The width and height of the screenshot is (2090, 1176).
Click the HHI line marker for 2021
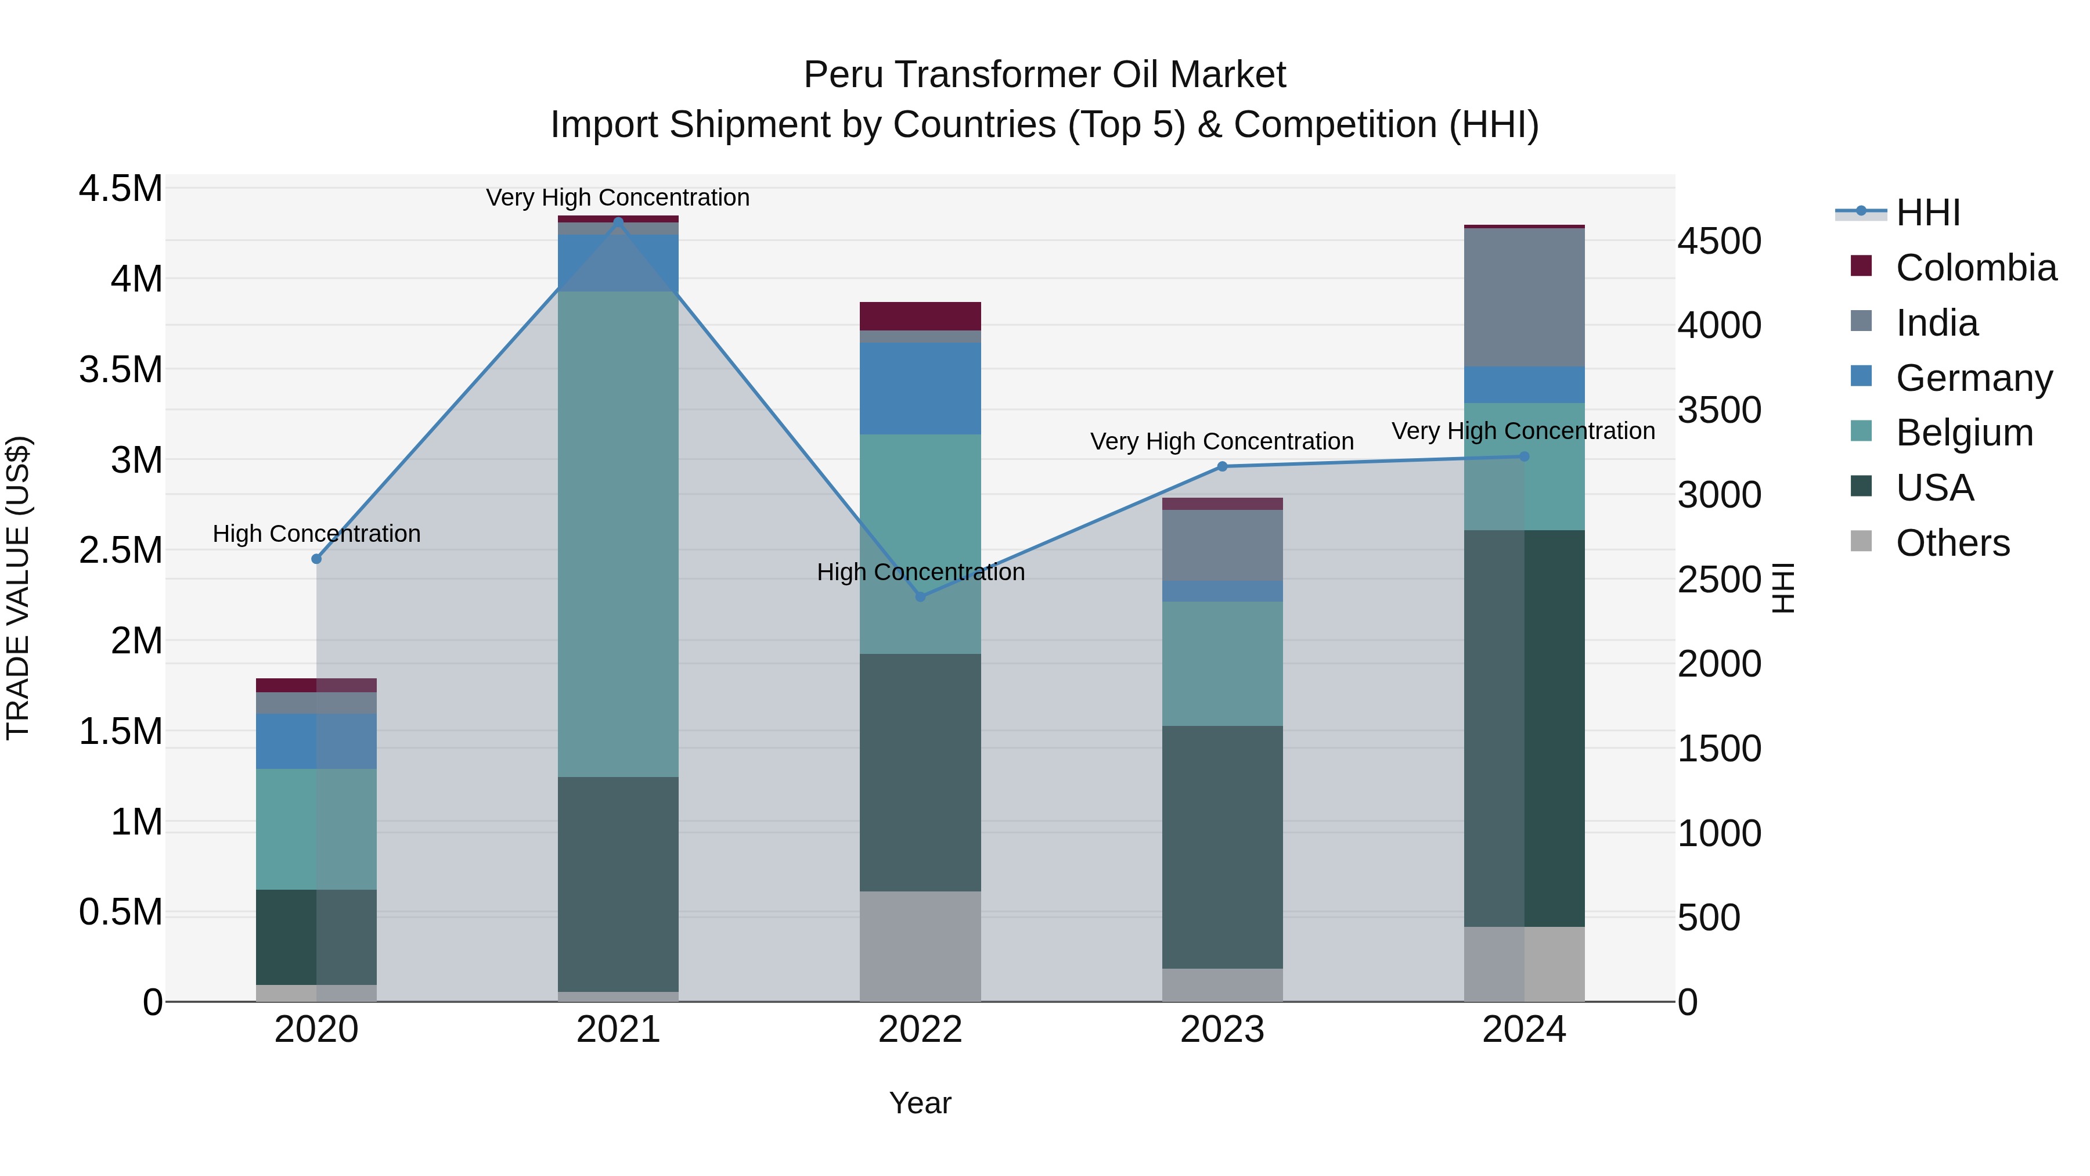tap(618, 222)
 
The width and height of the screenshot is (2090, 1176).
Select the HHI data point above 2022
tap(920, 596)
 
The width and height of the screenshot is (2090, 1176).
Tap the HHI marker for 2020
tap(316, 558)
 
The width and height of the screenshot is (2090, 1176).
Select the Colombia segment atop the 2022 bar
tap(920, 316)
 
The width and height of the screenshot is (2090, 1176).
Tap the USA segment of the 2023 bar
tap(1222, 847)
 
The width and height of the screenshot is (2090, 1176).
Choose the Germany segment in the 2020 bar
tap(316, 741)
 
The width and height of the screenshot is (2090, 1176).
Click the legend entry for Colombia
tap(1975, 268)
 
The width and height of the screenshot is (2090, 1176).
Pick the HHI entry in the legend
tap(1927, 213)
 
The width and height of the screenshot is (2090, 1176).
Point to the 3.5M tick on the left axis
tap(121, 369)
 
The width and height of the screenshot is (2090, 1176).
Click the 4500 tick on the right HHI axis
tap(1719, 241)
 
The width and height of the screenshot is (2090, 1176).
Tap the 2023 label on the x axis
tap(1222, 1029)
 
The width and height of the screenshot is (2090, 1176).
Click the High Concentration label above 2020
tap(316, 533)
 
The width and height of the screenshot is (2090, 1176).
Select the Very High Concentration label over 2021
tap(618, 197)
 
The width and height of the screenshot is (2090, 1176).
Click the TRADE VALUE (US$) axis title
tap(19, 588)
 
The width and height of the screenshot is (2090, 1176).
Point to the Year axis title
tap(920, 1103)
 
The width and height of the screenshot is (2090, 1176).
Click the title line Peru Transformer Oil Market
tap(1044, 75)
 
